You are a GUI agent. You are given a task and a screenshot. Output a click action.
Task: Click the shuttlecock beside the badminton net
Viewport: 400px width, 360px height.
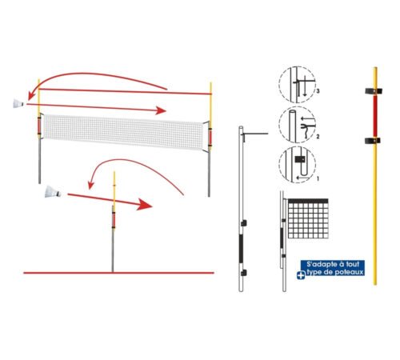click(x=18, y=103)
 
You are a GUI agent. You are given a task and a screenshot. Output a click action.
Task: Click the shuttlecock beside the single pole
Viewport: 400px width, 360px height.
click(x=53, y=192)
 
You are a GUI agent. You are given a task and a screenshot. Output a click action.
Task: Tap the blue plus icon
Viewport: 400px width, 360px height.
click(x=301, y=275)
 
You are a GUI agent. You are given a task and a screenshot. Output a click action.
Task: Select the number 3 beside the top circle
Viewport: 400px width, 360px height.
click(x=318, y=91)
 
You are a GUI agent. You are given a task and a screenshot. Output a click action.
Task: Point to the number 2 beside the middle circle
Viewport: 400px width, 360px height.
click(x=318, y=137)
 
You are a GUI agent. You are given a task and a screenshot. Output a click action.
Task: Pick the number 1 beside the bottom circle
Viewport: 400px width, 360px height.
click(x=318, y=178)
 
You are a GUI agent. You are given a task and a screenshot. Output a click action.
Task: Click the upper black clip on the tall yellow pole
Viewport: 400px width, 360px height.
click(x=374, y=91)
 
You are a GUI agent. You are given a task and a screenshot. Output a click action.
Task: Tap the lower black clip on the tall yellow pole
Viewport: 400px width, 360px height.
click(x=373, y=140)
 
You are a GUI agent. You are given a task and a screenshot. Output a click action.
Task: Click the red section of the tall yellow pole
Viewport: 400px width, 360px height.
click(x=375, y=115)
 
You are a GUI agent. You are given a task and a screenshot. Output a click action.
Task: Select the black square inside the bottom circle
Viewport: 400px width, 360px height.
click(x=300, y=159)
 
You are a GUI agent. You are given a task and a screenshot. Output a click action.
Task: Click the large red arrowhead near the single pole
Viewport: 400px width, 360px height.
click(x=144, y=204)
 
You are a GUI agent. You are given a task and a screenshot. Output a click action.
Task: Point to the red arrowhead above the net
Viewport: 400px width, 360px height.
click(x=161, y=110)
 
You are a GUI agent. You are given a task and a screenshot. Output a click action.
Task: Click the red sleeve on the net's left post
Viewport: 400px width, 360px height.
click(x=39, y=126)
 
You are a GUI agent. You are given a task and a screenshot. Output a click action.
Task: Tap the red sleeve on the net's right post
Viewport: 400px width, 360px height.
click(x=210, y=137)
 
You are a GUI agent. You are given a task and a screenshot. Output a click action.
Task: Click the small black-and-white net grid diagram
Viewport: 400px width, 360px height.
click(x=308, y=218)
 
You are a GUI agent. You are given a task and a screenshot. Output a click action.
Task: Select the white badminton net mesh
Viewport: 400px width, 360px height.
click(x=123, y=131)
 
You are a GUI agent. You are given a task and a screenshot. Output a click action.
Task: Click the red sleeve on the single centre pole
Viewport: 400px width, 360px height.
click(x=114, y=219)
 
